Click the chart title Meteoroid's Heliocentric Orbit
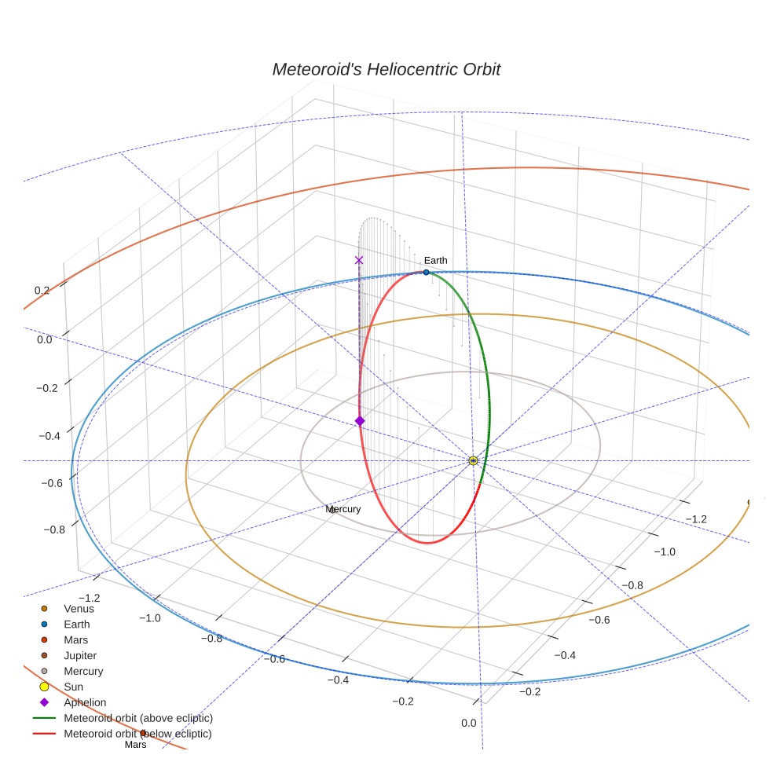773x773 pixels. pos(386,69)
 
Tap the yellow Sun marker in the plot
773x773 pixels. pos(473,461)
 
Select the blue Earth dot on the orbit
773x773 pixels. pos(427,272)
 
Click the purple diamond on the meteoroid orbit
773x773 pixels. pos(360,421)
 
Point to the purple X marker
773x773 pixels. pos(359,260)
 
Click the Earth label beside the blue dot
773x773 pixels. pos(436,260)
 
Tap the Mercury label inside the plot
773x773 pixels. pos(343,509)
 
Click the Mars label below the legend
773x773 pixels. pos(136,745)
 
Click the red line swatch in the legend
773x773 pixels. pos(44,734)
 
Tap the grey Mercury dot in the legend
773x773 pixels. pos(44,671)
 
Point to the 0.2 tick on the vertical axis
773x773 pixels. pos(42,291)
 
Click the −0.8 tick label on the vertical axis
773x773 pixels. pos(54,529)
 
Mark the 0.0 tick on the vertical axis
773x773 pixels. pos(44,339)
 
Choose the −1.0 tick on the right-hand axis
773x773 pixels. pos(665,551)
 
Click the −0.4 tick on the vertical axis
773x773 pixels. pos(49,436)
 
